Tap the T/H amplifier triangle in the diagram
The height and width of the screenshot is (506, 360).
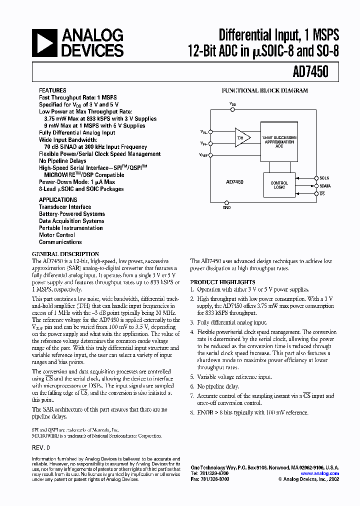click(242, 138)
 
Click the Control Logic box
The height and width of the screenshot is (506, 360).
click(279, 185)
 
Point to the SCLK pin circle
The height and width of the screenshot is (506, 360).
click(316, 178)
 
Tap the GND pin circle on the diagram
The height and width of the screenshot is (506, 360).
click(227, 202)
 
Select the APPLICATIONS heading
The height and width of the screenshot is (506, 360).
click(58, 200)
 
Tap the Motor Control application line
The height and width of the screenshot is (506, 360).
click(57, 235)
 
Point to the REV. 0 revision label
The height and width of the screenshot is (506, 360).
click(41, 448)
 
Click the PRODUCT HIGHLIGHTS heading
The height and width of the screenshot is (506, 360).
click(222, 282)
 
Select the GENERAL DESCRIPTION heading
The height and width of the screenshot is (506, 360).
click(65, 254)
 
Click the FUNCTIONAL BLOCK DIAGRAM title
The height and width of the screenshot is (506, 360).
click(264, 91)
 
